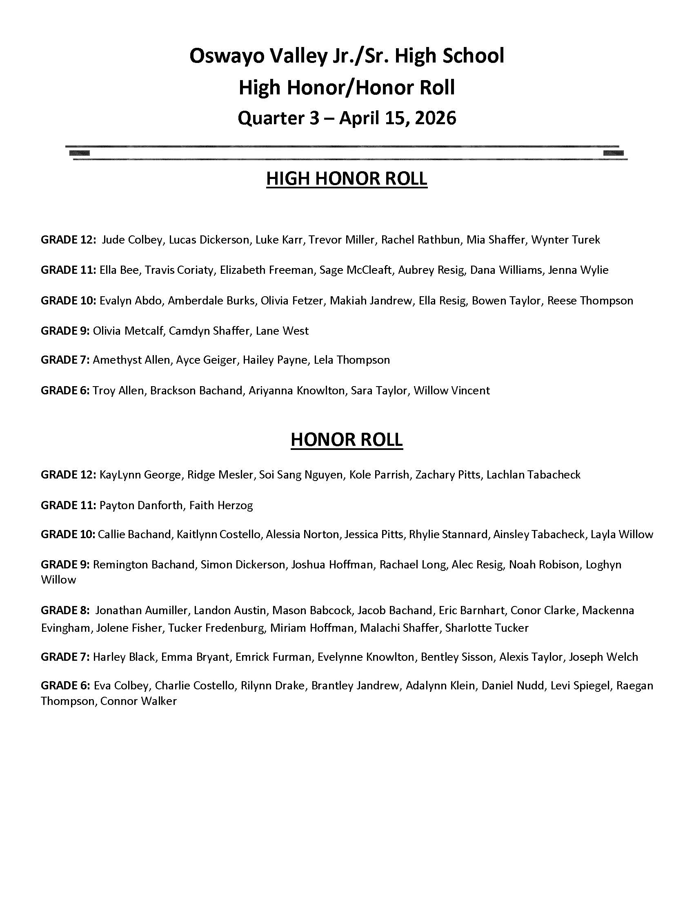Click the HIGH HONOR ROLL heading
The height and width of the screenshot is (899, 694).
(x=347, y=179)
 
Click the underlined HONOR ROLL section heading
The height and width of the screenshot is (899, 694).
(x=347, y=440)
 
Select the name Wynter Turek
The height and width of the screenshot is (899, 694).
(x=565, y=239)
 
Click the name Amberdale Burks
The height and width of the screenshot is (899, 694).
(x=211, y=300)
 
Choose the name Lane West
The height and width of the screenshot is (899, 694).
(x=282, y=331)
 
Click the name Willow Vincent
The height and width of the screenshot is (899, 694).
(x=452, y=391)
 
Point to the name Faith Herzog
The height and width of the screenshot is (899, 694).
(x=221, y=505)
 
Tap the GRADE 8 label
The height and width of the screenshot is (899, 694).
(x=65, y=610)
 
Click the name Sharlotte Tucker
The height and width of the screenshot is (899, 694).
(x=487, y=628)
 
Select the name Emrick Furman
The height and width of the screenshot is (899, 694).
(x=274, y=657)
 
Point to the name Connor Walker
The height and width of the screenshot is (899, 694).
(x=138, y=701)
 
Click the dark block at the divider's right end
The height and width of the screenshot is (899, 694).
(x=613, y=153)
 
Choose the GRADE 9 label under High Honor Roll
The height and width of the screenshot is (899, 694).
(x=65, y=331)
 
